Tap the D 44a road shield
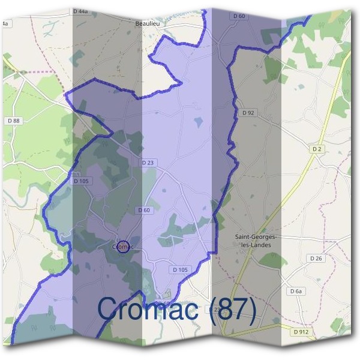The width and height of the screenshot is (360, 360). click(79, 11)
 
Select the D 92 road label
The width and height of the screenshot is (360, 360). click(248, 112)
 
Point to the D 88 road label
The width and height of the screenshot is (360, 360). click(14, 121)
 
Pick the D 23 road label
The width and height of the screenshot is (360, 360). click(148, 163)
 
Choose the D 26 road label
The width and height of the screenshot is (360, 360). click(316, 258)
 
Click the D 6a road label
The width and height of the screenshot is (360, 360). click(295, 291)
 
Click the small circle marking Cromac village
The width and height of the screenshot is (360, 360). click(122, 246)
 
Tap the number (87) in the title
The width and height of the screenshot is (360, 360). click(230, 310)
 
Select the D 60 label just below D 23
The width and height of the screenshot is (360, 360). click(143, 210)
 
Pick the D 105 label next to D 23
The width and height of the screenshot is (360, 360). click(81, 181)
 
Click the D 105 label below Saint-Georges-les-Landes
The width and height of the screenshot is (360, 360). click(179, 270)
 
